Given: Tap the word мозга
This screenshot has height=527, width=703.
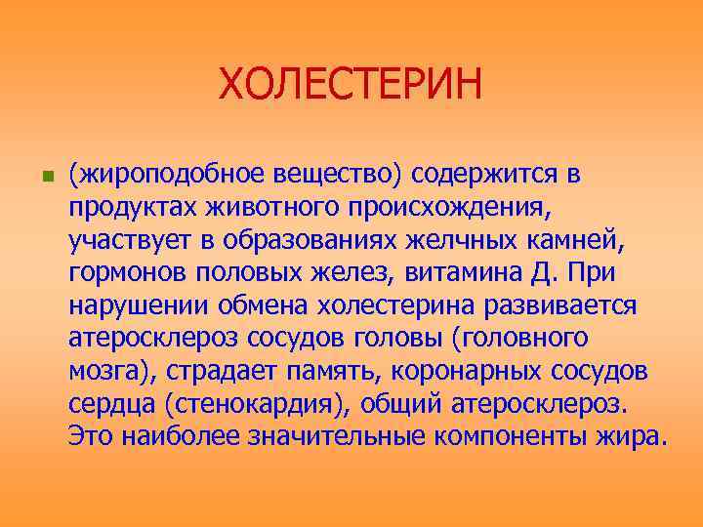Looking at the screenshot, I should tap(106, 372).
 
